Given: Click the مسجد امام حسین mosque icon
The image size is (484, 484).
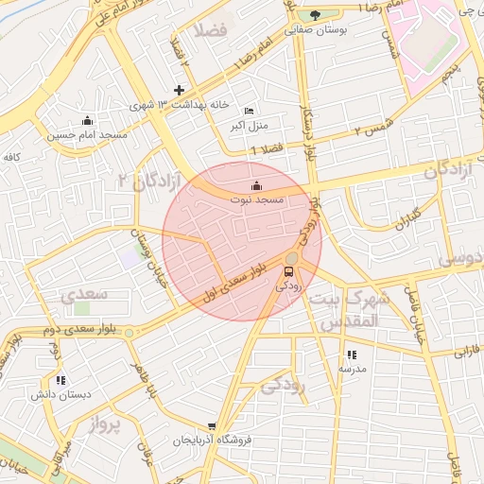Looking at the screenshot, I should point(87,120).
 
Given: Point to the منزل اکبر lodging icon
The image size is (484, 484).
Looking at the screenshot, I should point(249,111).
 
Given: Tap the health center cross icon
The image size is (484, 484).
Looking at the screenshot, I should point(179,90).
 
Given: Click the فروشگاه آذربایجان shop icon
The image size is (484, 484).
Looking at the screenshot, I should point(212,426).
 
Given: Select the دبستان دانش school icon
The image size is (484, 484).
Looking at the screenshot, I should point(61,380).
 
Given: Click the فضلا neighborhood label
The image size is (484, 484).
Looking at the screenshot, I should point(209,30).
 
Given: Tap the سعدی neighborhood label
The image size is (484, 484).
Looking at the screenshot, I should point(86,295).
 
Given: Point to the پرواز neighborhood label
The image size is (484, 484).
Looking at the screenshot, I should point(106,424).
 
